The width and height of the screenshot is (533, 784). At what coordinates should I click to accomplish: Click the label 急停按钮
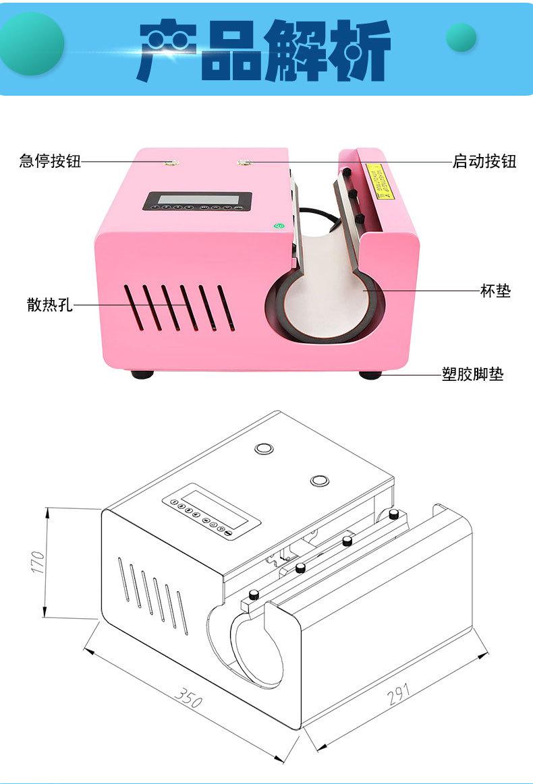pos(50,161)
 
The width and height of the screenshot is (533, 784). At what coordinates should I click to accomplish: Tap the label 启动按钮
pos(484,161)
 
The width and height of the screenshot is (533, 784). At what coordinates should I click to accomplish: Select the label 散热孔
pos(49,305)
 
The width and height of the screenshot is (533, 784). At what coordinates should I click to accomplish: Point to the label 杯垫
pos(495,291)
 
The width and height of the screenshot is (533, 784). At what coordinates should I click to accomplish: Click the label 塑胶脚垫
pos(472,375)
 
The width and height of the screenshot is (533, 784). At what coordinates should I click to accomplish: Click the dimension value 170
pos(38,562)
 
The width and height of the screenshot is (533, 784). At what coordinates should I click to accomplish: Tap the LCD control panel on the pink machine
pos(198,202)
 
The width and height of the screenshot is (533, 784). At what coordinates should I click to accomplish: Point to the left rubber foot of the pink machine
pos(142,373)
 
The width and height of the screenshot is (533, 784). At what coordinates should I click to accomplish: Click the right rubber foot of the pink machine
pos(370,374)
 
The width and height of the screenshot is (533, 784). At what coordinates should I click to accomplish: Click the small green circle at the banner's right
pos(461,38)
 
